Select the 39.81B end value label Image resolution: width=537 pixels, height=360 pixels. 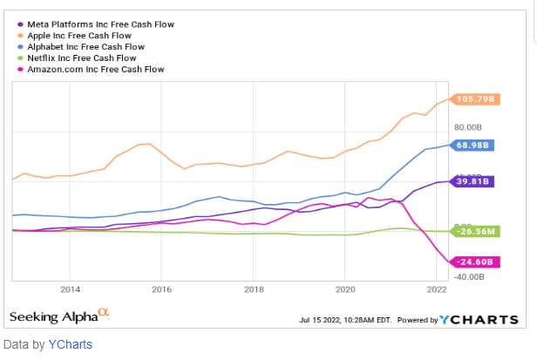pos(472,181)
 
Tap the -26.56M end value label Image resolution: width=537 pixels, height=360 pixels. pos(475,231)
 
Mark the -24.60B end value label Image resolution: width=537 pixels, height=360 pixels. pos(474,261)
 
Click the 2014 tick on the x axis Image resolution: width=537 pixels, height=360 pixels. pos(70,289)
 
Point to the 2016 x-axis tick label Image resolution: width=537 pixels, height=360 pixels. pos(162,289)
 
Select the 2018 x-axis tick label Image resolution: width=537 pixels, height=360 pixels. pos(254,289)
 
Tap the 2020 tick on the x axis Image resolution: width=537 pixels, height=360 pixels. pos(345,289)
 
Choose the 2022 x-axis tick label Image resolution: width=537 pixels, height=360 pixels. pos(437,289)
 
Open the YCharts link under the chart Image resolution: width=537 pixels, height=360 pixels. pos(69,344)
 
